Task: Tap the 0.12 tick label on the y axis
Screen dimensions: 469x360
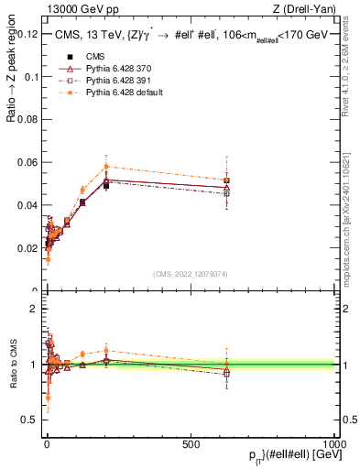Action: (27, 34)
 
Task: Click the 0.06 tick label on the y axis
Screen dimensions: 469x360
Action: (27, 162)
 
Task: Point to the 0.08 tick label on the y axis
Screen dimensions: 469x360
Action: (27, 119)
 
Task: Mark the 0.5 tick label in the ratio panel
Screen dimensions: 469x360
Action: (30, 420)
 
